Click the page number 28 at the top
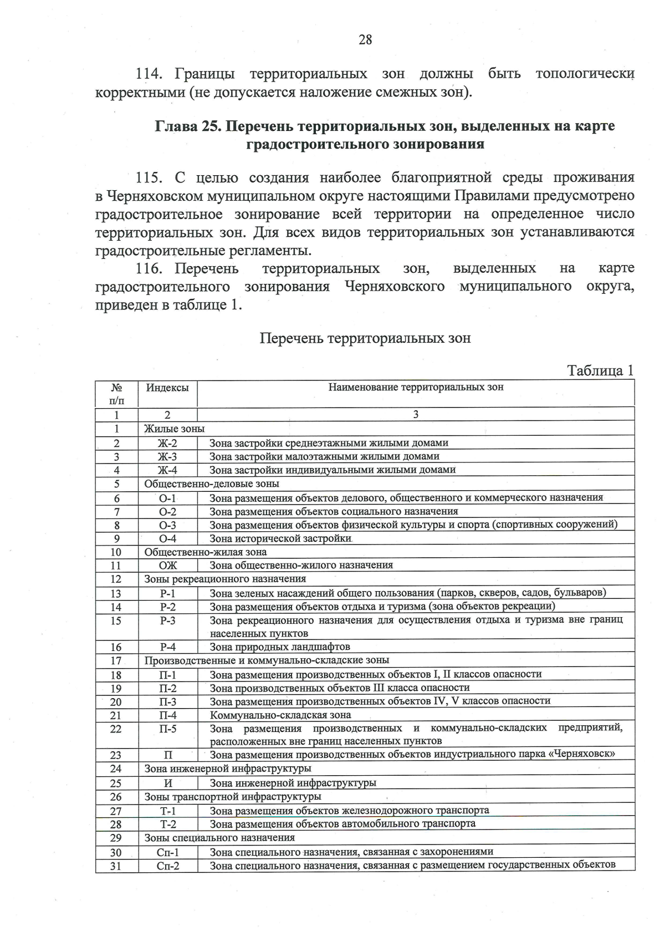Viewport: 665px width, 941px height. tap(365, 39)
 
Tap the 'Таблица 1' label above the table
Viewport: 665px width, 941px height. tap(600, 370)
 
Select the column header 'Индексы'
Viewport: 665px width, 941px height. tap(167, 388)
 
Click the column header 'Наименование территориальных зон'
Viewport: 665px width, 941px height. tap(416, 387)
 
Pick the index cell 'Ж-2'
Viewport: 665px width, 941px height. tap(167, 443)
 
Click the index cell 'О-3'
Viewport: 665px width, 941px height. tap(167, 525)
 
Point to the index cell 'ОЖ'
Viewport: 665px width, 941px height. tap(167, 565)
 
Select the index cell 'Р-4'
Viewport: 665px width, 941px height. tap(167, 647)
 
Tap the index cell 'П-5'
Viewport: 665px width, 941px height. tap(167, 729)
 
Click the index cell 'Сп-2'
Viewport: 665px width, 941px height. tap(167, 866)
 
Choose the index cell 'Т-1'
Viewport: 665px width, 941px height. tap(167, 811)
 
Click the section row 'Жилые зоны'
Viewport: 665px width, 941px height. tap(174, 429)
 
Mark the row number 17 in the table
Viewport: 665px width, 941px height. tap(116, 660)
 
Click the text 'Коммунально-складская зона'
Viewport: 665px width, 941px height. tap(280, 715)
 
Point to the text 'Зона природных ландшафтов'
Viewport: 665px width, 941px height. tap(280, 647)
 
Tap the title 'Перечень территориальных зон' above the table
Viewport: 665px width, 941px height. tap(365, 338)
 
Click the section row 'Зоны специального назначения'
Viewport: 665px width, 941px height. tap(219, 837)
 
